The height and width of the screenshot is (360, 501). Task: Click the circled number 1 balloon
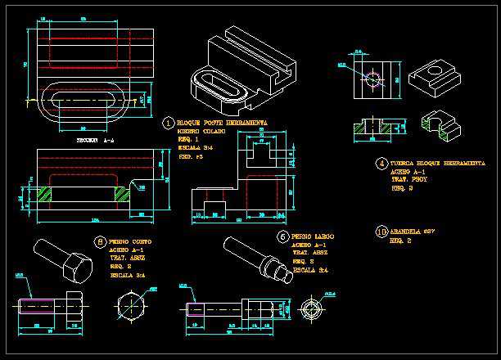coord(169,124)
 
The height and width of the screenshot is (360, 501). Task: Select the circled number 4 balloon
coord(381,164)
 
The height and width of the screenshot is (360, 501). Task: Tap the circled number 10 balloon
coord(381,232)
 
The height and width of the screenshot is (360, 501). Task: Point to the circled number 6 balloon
coord(282,236)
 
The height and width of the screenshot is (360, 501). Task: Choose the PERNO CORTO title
coord(129,242)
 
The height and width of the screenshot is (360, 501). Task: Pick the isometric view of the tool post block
coord(237,70)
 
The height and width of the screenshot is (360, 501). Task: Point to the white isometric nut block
coord(431,76)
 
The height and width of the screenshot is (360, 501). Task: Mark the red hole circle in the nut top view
coord(373,79)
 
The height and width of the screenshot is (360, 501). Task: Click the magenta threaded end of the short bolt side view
coord(37,307)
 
